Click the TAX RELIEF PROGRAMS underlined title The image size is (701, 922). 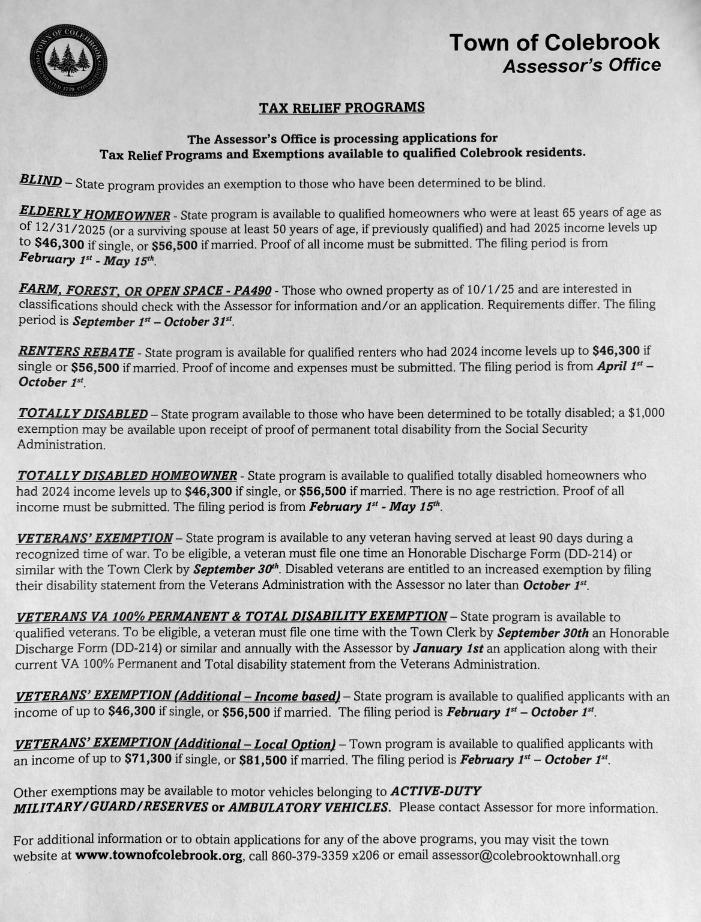click(x=341, y=108)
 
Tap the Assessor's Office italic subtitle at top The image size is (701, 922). click(x=581, y=65)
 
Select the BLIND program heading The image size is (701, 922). click(x=41, y=180)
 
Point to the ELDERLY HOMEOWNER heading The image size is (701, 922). click(x=95, y=213)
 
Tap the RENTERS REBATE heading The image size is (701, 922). click(x=76, y=352)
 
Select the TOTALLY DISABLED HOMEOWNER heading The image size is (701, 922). click(x=127, y=476)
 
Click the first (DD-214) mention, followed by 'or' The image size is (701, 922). click(x=591, y=553)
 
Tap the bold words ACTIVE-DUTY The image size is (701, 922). click(x=435, y=791)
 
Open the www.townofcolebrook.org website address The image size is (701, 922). click(x=159, y=856)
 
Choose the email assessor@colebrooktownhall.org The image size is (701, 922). click(x=526, y=857)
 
